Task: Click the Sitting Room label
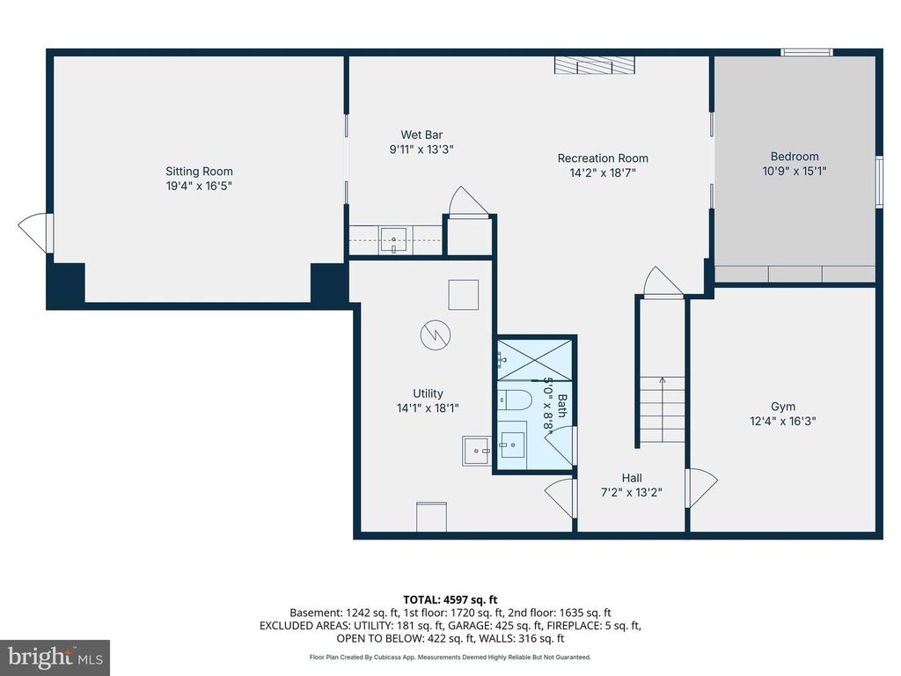point(199,172)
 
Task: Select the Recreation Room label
point(603,158)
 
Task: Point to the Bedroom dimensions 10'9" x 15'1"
point(794,172)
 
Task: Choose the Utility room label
point(428,393)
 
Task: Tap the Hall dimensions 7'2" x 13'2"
point(631,493)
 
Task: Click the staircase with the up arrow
point(662,409)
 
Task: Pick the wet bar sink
point(393,239)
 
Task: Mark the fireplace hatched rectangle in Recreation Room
point(594,67)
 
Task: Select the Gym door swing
point(701,489)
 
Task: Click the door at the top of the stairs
point(663,284)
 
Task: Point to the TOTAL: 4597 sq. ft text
point(450,599)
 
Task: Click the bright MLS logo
point(55,657)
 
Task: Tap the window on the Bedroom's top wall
point(807,53)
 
